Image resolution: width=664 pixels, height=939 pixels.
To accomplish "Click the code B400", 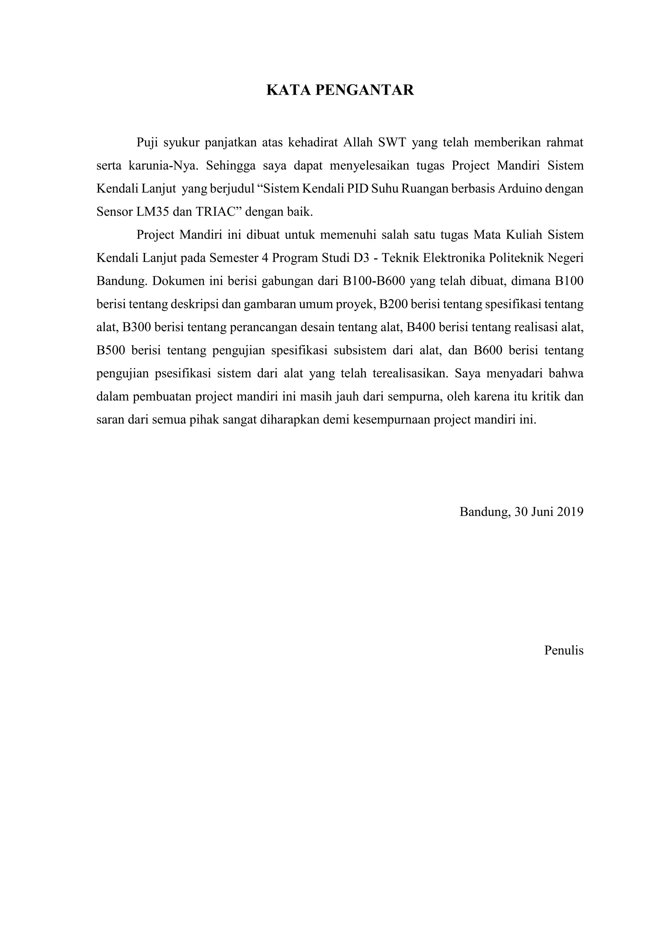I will point(422,327).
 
